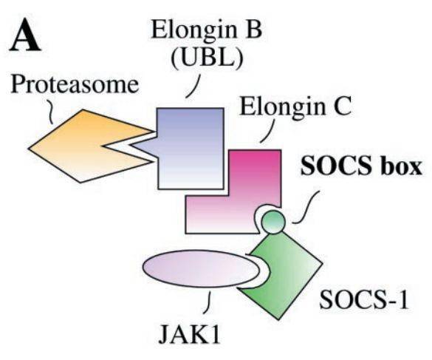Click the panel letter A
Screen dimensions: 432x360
25,35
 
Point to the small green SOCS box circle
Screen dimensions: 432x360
272,222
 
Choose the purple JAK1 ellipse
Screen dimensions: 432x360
201,269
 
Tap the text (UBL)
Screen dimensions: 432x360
208,59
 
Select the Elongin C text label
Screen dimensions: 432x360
295,106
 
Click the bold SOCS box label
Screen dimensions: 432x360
361,166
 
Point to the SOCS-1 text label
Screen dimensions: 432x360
363,299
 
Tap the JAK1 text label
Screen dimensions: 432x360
190,334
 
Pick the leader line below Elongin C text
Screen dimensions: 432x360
268,131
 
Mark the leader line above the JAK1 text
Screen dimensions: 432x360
208,302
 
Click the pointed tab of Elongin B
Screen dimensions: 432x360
143,145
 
